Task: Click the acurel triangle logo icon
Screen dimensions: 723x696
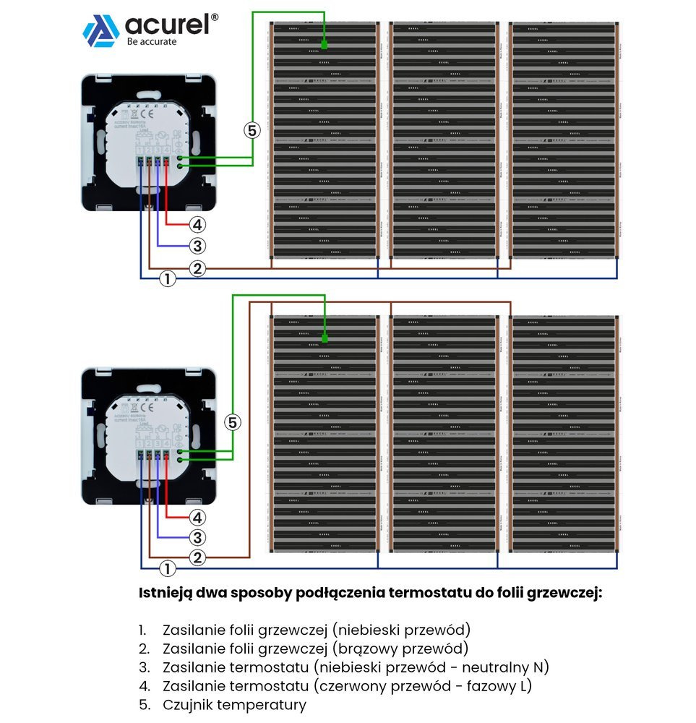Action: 100,31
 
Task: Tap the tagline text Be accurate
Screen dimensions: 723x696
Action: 151,42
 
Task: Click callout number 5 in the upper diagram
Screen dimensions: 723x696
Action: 251,131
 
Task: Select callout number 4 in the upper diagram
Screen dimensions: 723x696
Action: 197,224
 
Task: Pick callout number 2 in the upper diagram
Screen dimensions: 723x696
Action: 197,269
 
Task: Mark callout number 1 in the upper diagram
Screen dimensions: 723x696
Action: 167,278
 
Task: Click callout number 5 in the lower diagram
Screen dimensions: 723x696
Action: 231,423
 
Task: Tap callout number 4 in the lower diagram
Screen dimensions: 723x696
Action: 197,518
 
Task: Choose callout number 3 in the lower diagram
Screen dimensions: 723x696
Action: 197,538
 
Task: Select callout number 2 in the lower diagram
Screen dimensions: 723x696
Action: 197,558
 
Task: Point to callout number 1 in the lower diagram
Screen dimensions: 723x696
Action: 167,568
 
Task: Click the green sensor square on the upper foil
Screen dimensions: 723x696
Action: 324,46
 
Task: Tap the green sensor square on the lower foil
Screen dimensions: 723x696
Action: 324,338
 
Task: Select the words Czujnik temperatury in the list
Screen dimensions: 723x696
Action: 234,704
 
